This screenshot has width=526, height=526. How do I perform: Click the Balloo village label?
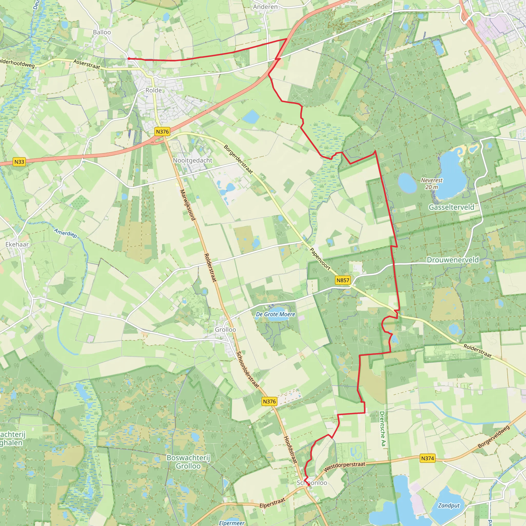tap(102, 32)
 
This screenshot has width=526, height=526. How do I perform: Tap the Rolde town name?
tap(154, 90)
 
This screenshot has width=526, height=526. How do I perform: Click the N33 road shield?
tap(19, 162)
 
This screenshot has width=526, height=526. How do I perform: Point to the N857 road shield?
tap(343, 280)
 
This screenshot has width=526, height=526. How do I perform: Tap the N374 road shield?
tap(427, 458)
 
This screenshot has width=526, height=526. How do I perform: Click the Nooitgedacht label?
tap(192, 160)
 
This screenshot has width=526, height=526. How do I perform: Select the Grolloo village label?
tap(226, 330)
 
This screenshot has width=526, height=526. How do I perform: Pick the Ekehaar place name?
tap(17, 244)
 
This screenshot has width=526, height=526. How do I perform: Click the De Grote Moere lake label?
tap(276, 314)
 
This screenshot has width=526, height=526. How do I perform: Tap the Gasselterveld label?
tap(452, 207)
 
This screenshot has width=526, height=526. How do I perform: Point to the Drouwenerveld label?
tap(453, 260)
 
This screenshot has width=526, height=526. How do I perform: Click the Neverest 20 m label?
tap(431, 183)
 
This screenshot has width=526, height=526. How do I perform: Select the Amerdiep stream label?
tap(65, 233)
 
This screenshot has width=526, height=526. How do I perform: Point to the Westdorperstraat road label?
tap(344, 466)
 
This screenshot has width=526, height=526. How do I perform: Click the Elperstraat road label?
tap(272, 503)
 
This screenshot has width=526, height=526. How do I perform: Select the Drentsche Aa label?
tap(382, 429)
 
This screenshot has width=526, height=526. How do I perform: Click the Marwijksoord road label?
tap(187, 205)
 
